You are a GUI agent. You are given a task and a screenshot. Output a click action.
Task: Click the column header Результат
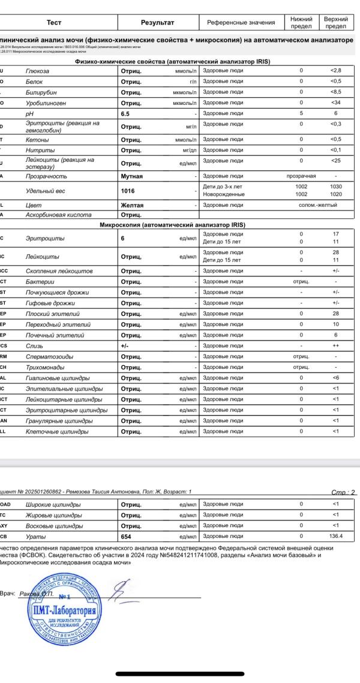tap(157, 23)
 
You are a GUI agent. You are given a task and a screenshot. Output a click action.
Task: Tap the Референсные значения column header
tap(241, 23)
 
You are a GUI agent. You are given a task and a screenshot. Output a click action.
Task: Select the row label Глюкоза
tap(37, 71)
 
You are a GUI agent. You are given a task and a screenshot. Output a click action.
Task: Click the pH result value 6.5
tap(125, 113)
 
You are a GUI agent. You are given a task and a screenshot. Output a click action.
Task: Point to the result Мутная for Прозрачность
tap(132, 176)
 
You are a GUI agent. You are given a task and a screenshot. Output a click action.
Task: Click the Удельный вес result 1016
tap(128, 190)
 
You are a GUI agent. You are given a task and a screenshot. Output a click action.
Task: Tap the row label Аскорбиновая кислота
tap(58, 215)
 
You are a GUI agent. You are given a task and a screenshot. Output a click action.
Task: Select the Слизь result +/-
tap(125, 346)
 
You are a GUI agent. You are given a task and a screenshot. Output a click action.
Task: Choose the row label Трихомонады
tap(46, 367)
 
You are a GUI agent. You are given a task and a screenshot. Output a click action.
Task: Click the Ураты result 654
tap(127, 537)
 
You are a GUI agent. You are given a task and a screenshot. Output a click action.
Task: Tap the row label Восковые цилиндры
tap(54, 526)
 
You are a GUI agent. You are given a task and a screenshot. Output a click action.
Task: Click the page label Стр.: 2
tap(343, 492)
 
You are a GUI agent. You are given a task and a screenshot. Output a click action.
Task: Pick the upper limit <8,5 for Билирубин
tap(335, 92)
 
